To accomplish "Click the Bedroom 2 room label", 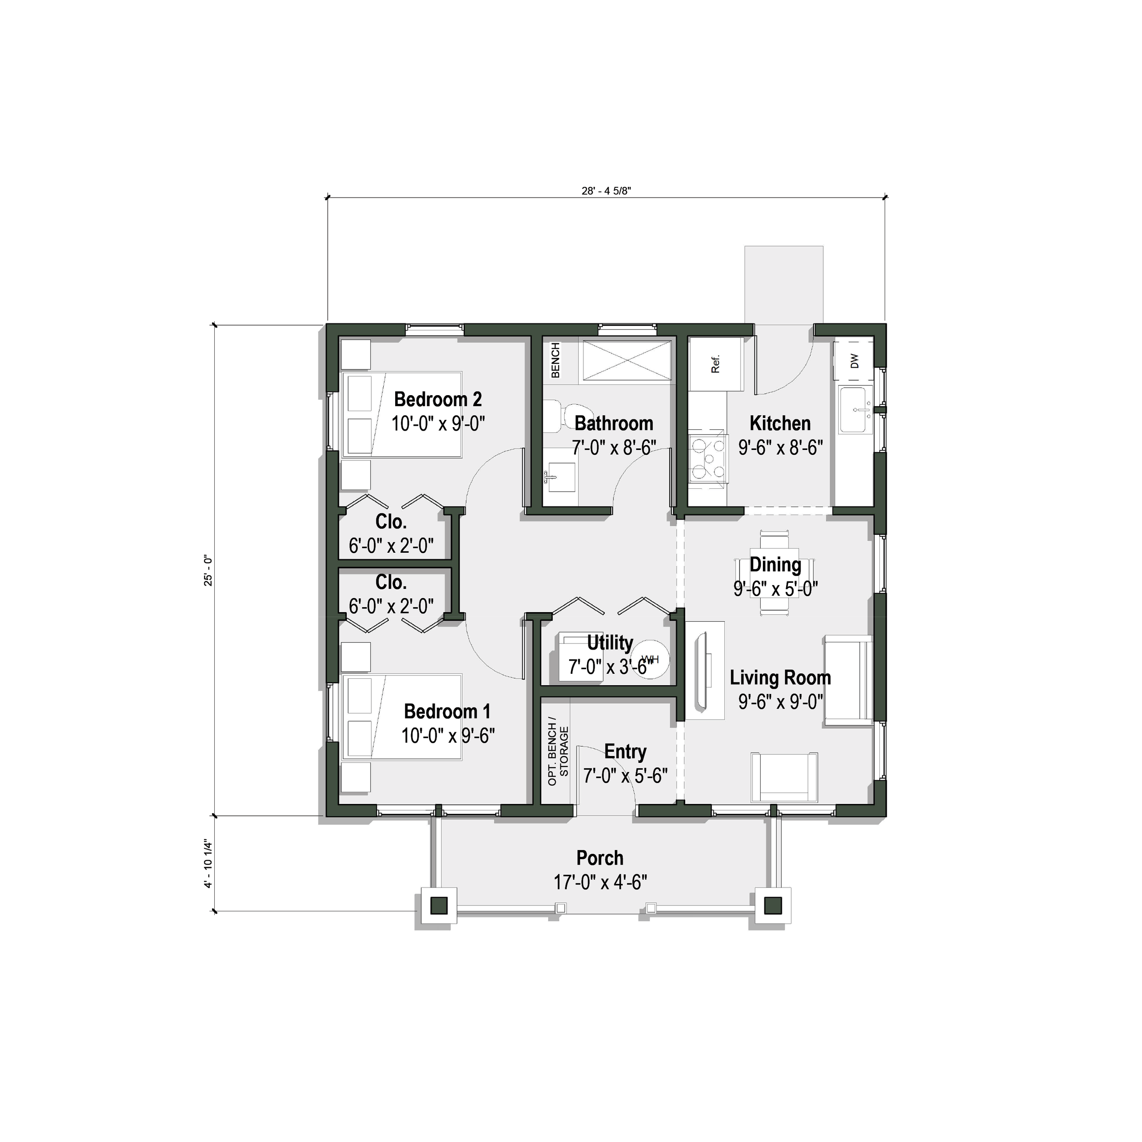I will pyautogui.click(x=438, y=400).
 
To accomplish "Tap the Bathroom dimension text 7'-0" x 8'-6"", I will pyautogui.click(x=613, y=448).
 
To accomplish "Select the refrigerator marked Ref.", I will pyautogui.click(x=716, y=364).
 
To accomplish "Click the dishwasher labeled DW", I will pyautogui.click(x=854, y=360).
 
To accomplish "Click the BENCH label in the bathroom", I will pyautogui.click(x=555, y=360).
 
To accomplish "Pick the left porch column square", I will pyautogui.click(x=439, y=905).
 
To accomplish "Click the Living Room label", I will pyautogui.click(x=780, y=677).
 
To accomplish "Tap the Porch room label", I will pyautogui.click(x=599, y=858).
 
